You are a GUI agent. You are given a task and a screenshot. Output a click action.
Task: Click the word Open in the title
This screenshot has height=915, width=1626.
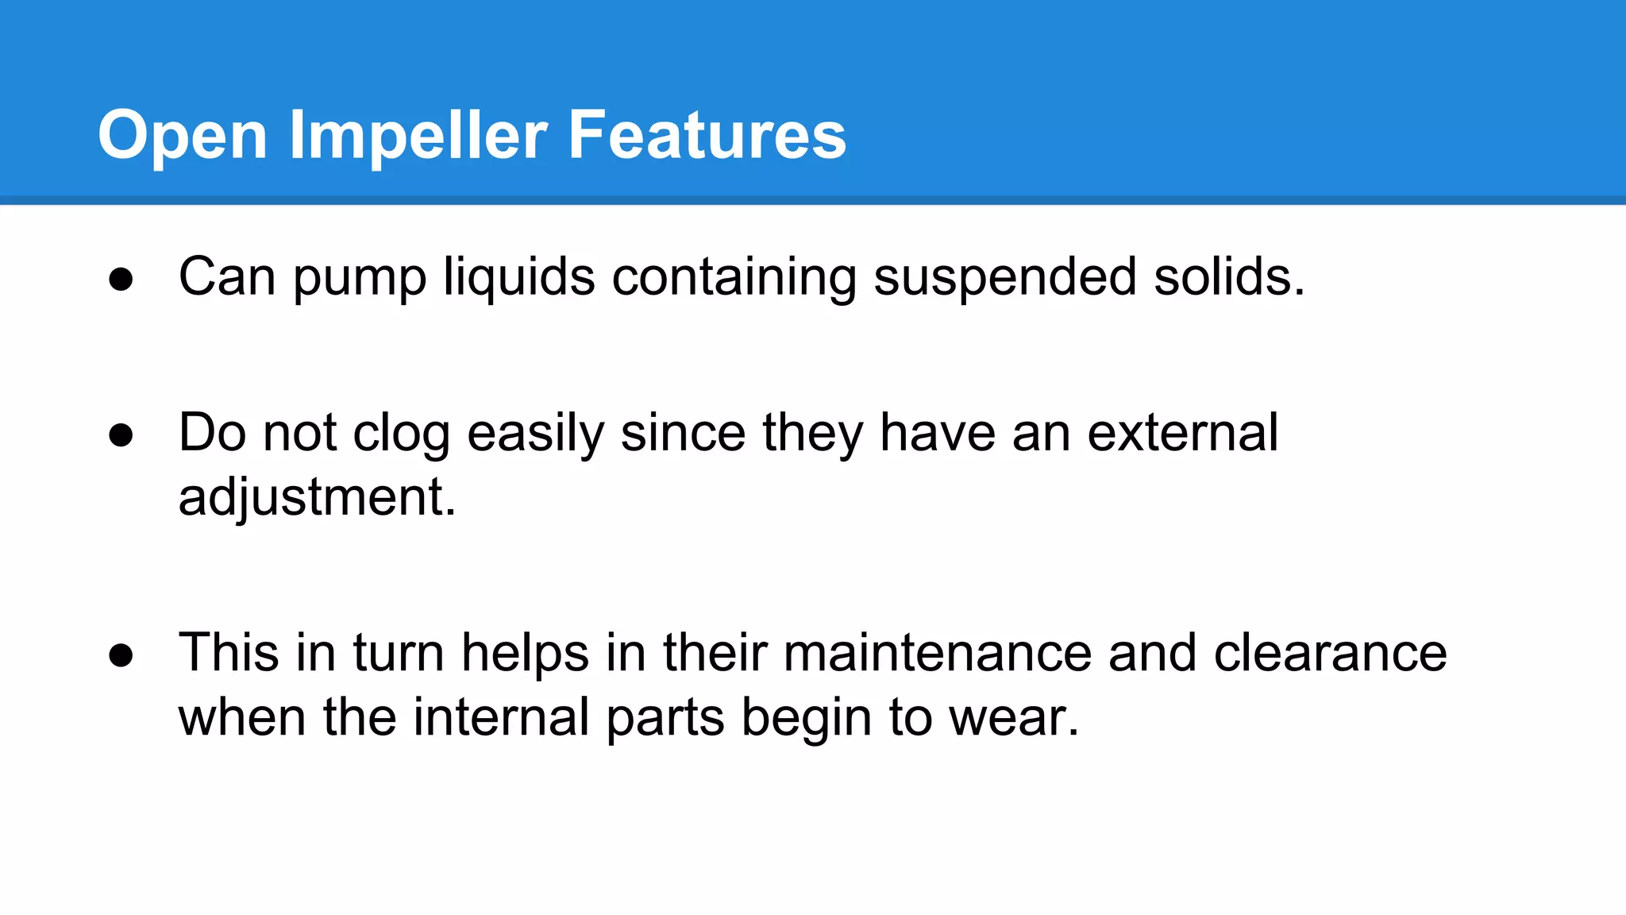pyautogui.click(x=182, y=136)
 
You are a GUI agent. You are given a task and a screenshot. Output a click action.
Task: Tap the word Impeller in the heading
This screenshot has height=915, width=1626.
pyautogui.click(x=418, y=136)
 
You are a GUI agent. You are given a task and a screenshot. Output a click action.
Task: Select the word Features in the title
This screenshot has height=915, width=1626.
pyautogui.click(x=707, y=136)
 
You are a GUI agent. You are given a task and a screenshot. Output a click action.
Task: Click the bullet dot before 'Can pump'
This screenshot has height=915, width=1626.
pyautogui.click(x=121, y=280)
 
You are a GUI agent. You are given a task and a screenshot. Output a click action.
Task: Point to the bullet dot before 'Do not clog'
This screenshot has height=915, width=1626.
pyautogui.click(x=121, y=435)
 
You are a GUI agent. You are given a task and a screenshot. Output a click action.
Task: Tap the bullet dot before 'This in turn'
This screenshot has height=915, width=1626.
pyautogui.click(x=121, y=656)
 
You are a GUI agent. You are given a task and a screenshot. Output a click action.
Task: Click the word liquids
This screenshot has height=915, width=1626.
pyautogui.click(x=518, y=277)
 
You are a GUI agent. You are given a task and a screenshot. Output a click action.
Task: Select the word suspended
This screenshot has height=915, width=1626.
pyautogui.click(x=1004, y=277)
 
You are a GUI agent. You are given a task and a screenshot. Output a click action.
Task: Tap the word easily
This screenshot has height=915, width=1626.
pyautogui.click(x=535, y=434)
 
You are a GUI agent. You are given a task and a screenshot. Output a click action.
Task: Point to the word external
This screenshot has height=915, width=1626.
pyautogui.click(x=1182, y=433)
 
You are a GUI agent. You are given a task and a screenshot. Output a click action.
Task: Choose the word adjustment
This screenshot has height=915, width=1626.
pyautogui.click(x=317, y=499)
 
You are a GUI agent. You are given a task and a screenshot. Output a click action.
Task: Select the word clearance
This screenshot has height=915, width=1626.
pyautogui.click(x=1330, y=653)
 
